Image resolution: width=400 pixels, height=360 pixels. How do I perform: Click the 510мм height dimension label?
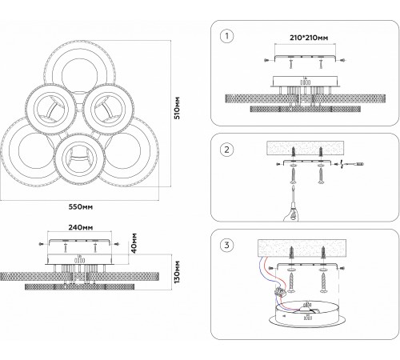click(177, 108)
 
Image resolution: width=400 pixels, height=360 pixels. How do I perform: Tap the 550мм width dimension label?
click(81, 206)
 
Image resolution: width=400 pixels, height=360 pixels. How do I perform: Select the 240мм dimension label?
click(81, 227)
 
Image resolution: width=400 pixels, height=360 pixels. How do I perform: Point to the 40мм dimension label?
click(134, 243)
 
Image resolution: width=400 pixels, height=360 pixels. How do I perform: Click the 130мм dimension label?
click(177, 272)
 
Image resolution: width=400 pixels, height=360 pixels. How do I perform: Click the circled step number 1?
click(226, 36)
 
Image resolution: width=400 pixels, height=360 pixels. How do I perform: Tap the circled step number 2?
click(226, 150)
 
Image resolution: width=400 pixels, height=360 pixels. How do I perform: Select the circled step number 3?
click(226, 245)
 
